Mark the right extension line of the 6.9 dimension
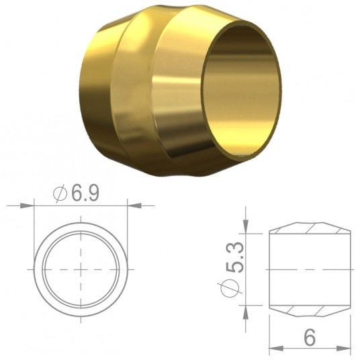pyautogui.click(x=127, y=228)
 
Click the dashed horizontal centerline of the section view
pyautogui.click(x=310, y=268)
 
